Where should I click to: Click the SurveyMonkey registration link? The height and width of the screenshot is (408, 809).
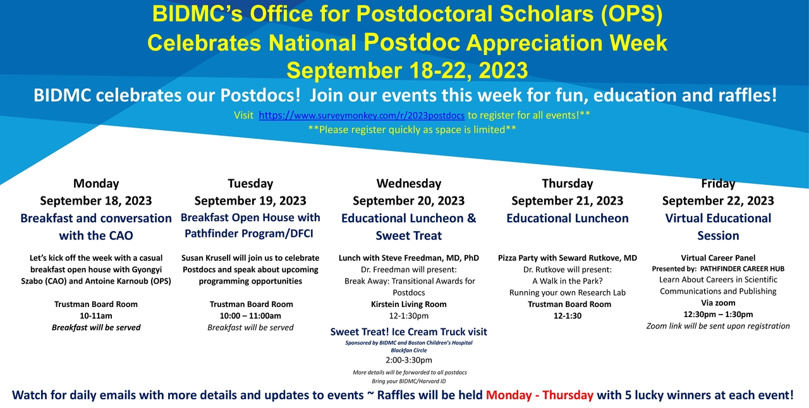pos(362,116)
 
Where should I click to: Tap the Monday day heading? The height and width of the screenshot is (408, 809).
pos(96,184)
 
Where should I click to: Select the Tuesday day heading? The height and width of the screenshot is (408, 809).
pos(250,184)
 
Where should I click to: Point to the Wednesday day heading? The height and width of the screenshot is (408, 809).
pos(409,184)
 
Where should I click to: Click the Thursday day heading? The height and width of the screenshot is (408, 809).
pos(568,184)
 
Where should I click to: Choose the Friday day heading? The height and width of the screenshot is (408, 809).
pos(718,184)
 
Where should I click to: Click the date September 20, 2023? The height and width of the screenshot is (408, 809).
pos(409,201)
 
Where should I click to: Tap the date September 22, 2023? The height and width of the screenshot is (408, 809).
pos(718,201)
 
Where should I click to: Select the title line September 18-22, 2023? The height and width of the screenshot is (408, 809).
pos(407,70)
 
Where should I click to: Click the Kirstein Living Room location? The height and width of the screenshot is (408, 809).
pos(409,304)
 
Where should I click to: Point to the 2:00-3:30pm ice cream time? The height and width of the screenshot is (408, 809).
pos(409,360)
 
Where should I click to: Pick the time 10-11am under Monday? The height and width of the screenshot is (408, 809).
pos(96,316)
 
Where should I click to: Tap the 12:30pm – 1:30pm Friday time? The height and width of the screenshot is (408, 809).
pos(718,315)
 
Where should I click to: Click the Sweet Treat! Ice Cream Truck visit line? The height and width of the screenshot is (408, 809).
pos(409,332)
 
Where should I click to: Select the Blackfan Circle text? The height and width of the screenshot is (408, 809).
pos(409,351)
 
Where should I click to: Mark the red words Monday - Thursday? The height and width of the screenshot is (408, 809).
pos(540,395)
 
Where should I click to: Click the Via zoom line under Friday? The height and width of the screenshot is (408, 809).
pos(718,303)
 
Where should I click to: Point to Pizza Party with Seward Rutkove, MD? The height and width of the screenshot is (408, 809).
pos(568,258)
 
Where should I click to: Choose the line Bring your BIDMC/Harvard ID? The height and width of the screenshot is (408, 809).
pos(409,381)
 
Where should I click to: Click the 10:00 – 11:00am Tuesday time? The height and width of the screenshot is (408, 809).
pos(250,316)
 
